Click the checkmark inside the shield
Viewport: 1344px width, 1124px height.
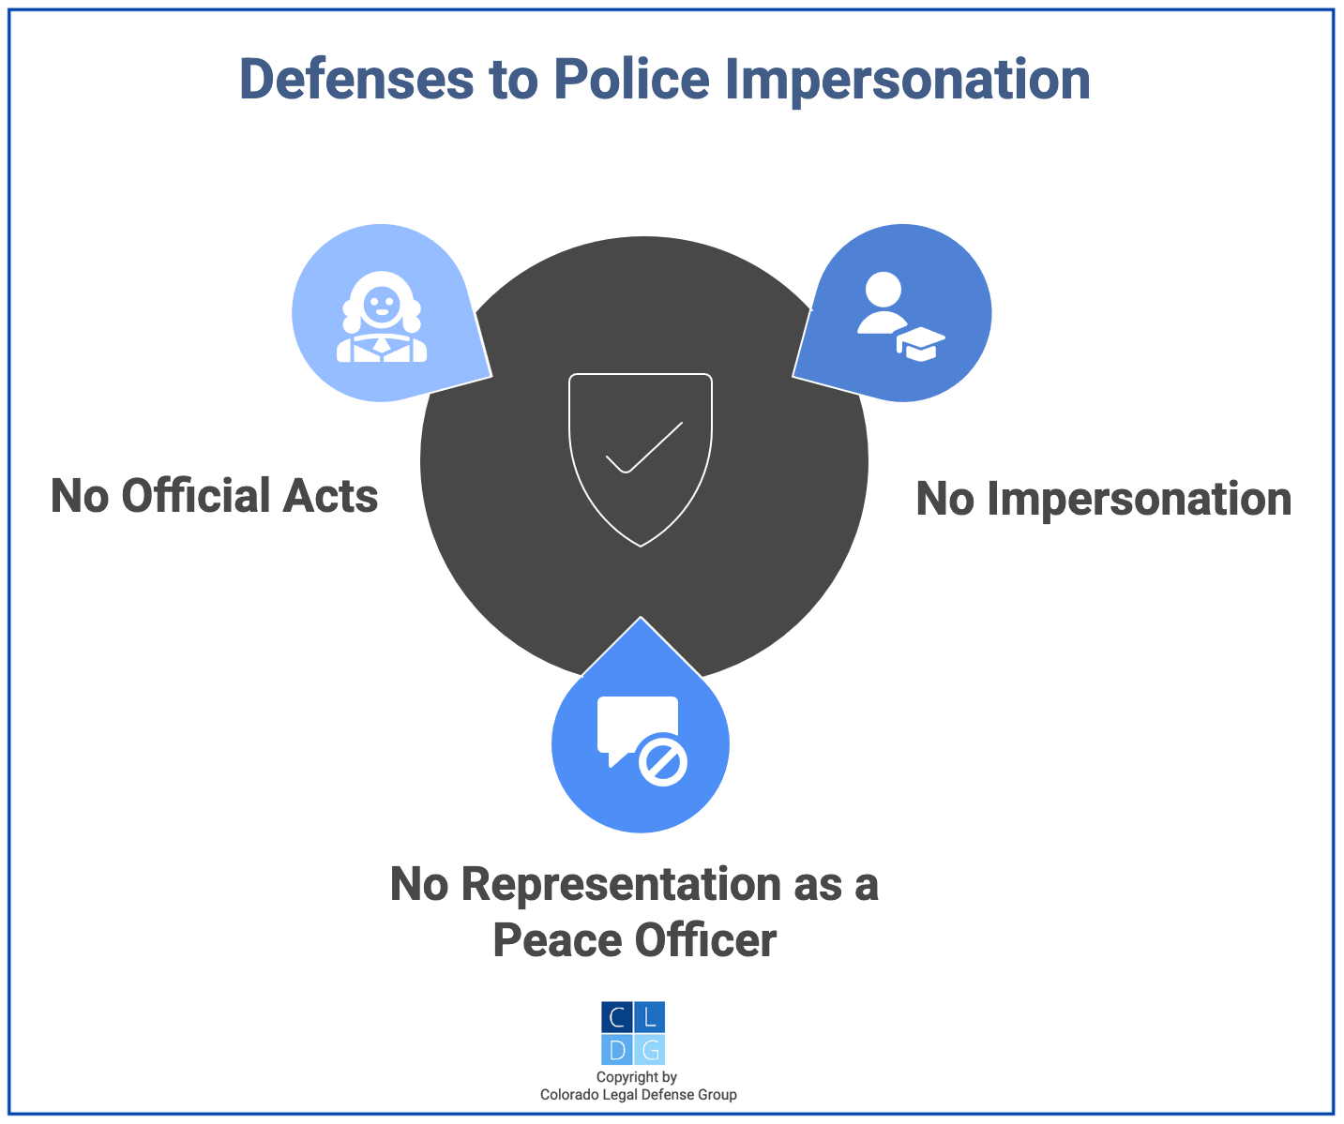(x=644, y=447)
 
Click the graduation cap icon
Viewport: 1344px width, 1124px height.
(x=921, y=343)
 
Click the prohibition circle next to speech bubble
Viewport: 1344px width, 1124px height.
(x=663, y=759)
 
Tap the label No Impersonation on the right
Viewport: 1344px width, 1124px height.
(x=1103, y=499)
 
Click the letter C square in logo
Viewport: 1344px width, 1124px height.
(x=616, y=1017)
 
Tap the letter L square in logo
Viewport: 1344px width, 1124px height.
(x=649, y=1017)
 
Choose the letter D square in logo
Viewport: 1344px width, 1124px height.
(x=616, y=1049)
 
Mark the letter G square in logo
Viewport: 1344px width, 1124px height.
(x=649, y=1049)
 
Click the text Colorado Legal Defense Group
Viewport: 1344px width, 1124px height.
(x=638, y=1095)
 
